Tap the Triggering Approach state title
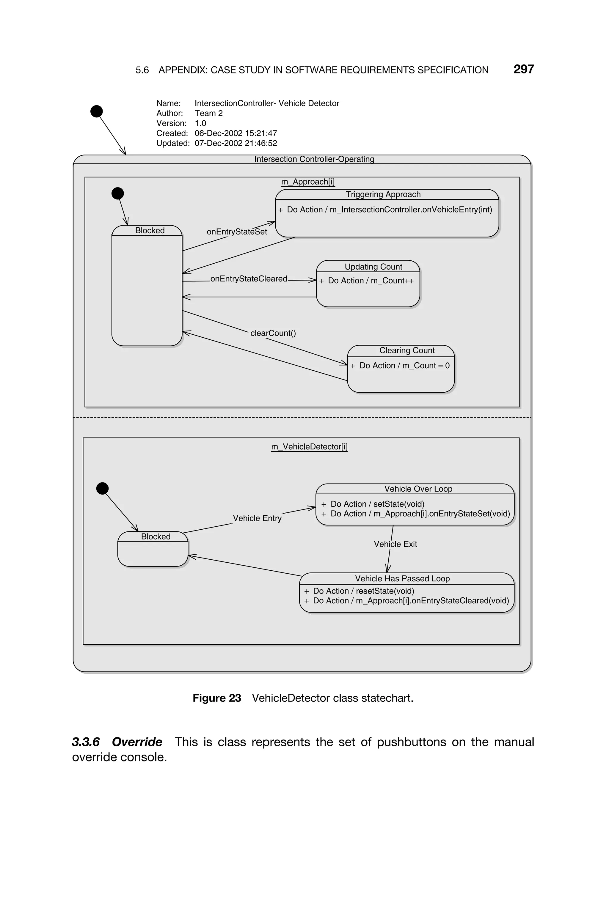[383, 194]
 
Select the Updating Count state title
[373, 267]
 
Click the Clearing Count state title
[407, 350]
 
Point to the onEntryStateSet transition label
[236, 232]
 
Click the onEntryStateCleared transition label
[249, 279]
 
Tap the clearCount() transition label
[273, 333]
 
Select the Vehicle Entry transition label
[257, 518]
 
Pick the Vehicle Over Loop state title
[418, 489]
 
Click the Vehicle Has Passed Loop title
[402, 579]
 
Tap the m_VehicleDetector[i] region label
[309, 447]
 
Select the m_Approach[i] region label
[307, 182]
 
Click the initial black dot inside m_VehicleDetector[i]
[102, 488]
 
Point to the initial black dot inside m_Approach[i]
[118, 193]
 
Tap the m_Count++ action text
[392, 281]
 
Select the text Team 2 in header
[208, 113]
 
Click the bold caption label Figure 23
[217, 698]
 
